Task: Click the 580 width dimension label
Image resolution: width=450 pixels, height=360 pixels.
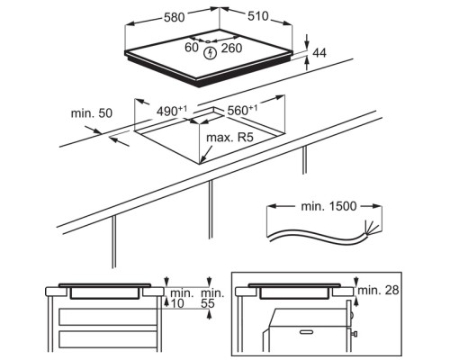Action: (175, 17)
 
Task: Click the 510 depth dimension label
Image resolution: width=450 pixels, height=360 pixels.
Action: (258, 16)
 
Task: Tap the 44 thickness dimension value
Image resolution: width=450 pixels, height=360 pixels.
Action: (319, 53)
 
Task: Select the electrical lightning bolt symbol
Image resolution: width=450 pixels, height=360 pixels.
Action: (210, 53)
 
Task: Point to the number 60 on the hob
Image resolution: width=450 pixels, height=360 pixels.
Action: (192, 47)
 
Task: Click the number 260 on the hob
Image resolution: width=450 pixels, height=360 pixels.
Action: (231, 48)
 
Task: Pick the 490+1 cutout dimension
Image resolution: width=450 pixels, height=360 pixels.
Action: (172, 111)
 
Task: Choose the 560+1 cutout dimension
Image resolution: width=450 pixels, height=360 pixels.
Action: (242, 110)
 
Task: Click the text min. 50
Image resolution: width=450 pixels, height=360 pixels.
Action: (92, 113)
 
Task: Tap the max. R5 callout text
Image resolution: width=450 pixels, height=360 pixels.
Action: (230, 138)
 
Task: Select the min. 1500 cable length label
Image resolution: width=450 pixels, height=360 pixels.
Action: (328, 206)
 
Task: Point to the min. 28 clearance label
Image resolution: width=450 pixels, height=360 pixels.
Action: (378, 290)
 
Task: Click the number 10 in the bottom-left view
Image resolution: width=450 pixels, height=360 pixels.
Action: (176, 303)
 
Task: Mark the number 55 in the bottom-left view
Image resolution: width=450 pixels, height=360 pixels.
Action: (208, 303)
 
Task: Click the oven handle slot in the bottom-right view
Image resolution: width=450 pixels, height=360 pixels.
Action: (306, 332)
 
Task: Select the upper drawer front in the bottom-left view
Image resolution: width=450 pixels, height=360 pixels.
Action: (108, 317)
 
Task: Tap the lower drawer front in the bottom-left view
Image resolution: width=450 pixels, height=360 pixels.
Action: (108, 339)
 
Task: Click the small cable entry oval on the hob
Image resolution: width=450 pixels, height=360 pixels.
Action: (207, 42)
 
